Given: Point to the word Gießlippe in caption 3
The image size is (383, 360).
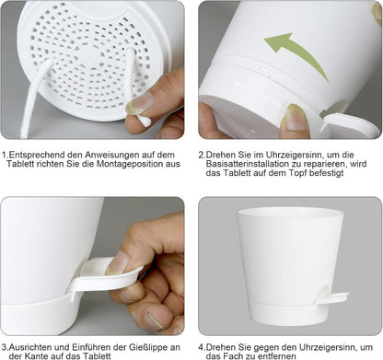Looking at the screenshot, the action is pos(147,347).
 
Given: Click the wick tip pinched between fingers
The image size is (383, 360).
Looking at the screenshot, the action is pos(144,121).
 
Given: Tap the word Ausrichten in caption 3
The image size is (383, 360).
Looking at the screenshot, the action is pos(30,347).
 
